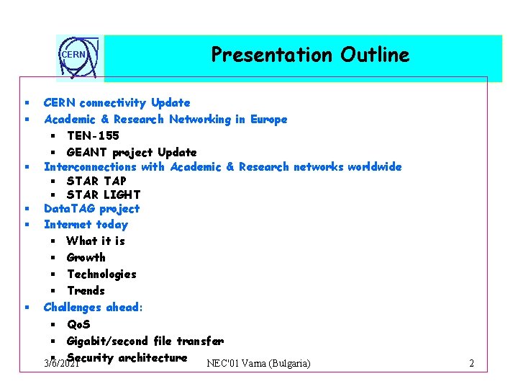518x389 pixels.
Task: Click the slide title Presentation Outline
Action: tap(309, 55)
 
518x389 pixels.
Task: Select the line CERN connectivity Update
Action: tap(117, 103)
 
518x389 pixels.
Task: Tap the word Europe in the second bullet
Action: tap(268, 120)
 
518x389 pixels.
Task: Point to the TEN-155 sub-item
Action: tap(93, 135)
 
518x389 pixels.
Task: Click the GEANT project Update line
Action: tap(131, 152)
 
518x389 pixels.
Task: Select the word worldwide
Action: tap(374, 166)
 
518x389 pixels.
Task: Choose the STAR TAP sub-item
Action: tap(96, 181)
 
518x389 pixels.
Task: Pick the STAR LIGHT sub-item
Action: tap(103, 194)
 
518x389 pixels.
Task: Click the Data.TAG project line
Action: tap(91, 209)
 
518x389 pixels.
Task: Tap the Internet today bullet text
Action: tap(86, 225)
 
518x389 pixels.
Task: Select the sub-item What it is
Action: tap(95, 241)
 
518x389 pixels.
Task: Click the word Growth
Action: tap(86, 257)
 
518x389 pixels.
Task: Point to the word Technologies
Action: tap(101, 274)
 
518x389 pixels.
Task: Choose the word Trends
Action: tap(86, 290)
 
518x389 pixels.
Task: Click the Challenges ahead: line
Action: tap(93, 308)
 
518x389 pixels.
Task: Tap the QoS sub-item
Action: tap(78, 324)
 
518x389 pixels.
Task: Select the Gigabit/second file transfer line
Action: tap(145, 341)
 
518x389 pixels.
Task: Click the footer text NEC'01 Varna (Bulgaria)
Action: tap(258, 363)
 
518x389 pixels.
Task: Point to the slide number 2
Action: tap(471, 363)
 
